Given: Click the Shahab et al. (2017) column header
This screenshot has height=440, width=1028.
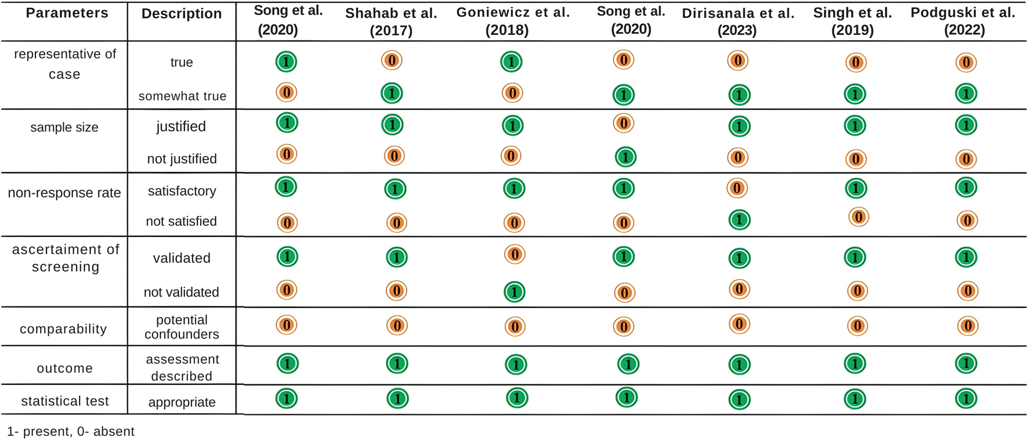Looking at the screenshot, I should point(391,21).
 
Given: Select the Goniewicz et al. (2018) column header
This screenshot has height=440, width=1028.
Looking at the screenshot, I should point(513,21).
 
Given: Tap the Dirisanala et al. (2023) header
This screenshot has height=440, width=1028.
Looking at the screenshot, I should point(738,21).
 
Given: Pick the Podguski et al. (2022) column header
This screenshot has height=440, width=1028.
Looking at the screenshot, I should point(963,21).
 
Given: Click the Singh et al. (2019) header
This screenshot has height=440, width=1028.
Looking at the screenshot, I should point(852,21).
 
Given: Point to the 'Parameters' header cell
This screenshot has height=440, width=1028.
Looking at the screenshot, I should point(67,13).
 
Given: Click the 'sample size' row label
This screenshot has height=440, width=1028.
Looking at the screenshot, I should point(64,128).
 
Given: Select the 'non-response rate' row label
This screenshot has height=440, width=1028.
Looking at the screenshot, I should point(64,193).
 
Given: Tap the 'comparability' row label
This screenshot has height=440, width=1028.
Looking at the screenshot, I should point(63,329).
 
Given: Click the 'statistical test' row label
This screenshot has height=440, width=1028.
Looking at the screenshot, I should point(65,401).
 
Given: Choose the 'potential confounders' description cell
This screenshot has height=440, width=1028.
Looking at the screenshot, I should point(182,327).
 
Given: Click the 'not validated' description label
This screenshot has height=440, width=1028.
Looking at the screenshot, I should point(182,292).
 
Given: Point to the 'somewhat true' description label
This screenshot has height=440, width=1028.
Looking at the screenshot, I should point(182,96).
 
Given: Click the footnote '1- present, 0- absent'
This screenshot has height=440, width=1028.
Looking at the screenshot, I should point(71,431).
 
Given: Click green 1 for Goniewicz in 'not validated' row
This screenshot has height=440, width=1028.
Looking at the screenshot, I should point(515,292).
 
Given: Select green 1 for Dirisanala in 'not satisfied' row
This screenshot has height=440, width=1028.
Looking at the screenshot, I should point(739,220).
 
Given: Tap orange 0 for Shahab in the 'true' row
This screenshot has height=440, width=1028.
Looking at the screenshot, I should point(392,60).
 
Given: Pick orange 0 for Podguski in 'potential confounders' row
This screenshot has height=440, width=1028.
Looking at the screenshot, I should point(967,326).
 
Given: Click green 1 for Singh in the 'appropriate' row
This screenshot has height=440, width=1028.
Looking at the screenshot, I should point(855,399).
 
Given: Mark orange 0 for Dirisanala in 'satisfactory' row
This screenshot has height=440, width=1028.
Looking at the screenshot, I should point(737,188).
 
